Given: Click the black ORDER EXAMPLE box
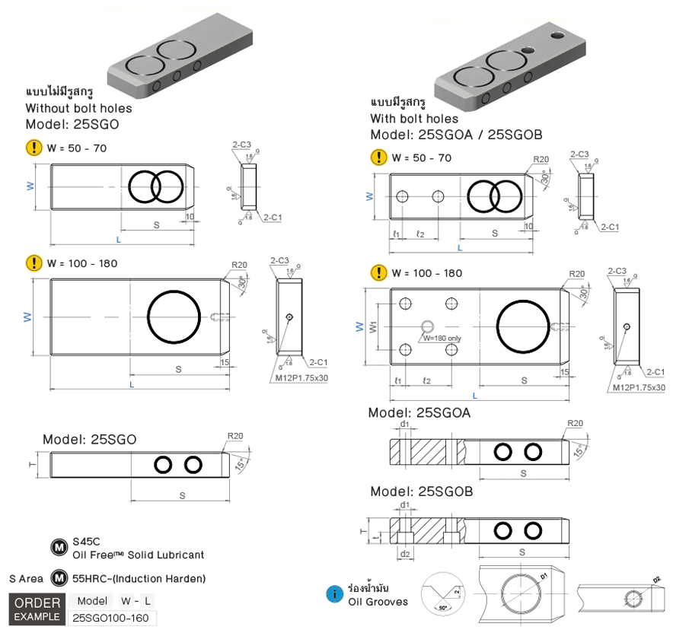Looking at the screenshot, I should pyautogui.click(x=37, y=608).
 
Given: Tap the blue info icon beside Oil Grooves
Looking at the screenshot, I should pyautogui.click(x=333, y=594).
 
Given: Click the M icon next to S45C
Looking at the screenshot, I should pyautogui.click(x=59, y=548).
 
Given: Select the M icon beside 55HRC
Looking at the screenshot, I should pyautogui.click(x=59, y=578).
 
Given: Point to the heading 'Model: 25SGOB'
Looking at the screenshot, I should pyautogui.click(x=421, y=492).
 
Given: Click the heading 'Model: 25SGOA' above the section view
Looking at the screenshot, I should pyautogui.click(x=419, y=412).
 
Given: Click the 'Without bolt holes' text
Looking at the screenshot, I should pyautogui.click(x=78, y=108).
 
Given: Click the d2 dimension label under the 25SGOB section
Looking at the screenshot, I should pyautogui.click(x=406, y=553).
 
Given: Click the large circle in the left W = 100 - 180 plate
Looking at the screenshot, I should pyautogui.click(x=174, y=317).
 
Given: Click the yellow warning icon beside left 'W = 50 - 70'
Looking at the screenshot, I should pyautogui.click(x=34, y=148).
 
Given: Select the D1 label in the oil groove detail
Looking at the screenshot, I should pyautogui.click(x=544, y=578).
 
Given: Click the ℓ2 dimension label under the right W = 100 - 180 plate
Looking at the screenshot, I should pyautogui.click(x=427, y=380).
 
